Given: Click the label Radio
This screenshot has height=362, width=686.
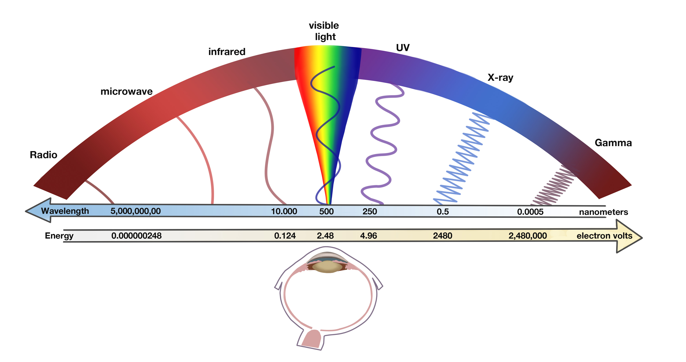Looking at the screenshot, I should point(43,155).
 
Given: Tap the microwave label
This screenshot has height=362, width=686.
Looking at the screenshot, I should point(126,91).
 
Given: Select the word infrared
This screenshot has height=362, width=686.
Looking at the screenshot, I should point(227,52).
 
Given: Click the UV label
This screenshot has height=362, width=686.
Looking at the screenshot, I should point(403,48).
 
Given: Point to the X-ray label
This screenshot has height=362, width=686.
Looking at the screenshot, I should point(500,78).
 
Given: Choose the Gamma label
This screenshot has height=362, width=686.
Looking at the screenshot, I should point(613,143).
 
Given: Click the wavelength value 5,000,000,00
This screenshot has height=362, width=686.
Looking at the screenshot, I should point(136,211).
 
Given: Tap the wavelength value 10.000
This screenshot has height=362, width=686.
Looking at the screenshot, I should point(284,211).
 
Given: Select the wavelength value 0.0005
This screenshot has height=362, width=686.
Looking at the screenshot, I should point(530,212).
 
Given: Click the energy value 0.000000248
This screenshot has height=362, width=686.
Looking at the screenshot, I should point(136,236).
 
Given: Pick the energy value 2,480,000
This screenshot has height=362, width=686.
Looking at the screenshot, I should point(528,236).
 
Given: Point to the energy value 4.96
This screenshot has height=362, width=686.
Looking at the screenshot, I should point(369,236).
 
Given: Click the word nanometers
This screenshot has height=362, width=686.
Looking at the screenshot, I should point(603,212).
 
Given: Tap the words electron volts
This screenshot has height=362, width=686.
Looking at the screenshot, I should point(604,236).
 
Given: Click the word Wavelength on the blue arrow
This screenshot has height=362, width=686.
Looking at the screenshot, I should point(65,211).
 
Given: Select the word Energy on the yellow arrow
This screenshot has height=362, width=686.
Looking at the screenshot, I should point(59,236).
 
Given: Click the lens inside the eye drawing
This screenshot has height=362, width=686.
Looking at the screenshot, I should point(328,267).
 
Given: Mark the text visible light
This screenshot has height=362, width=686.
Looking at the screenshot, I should point(324,31).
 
